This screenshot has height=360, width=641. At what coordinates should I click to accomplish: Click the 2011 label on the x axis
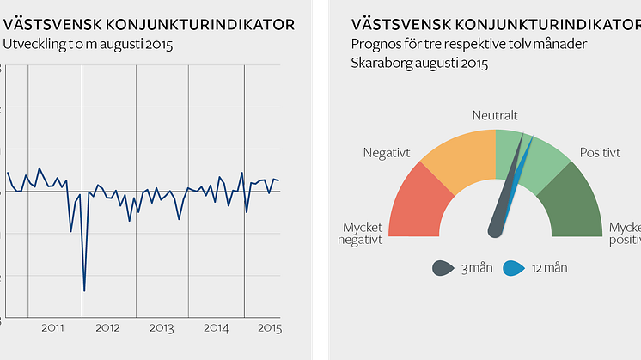[x=53, y=328]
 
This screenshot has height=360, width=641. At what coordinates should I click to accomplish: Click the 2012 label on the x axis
[x=107, y=328]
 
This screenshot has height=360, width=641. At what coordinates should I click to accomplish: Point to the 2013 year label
[x=162, y=328]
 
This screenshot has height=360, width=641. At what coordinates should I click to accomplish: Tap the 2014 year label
[x=216, y=328]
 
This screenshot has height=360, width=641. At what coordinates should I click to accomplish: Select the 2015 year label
[x=270, y=328]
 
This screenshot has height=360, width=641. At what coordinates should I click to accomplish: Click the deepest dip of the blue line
[x=84, y=290]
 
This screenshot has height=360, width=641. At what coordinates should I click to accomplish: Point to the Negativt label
[x=387, y=152]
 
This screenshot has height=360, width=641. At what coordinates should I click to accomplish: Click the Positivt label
[x=600, y=152]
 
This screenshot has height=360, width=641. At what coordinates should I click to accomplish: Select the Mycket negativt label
[x=361, y=233]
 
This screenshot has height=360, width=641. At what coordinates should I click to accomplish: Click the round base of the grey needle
[x=496, y=229]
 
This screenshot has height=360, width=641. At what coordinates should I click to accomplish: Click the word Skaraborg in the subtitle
[x=382, y=64]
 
